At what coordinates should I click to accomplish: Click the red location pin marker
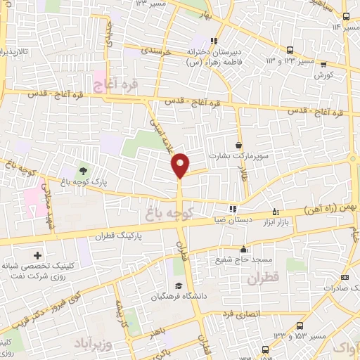(181, 165)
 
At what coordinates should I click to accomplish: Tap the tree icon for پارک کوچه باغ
(84, 170)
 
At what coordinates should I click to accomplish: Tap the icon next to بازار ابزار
(276, 211)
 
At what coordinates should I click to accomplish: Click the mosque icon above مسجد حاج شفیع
(243, 249)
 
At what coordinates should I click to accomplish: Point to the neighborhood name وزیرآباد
(90, 343)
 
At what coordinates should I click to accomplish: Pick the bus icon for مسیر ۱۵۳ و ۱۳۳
(301, 326)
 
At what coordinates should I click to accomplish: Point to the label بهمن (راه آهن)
(330, 210)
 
